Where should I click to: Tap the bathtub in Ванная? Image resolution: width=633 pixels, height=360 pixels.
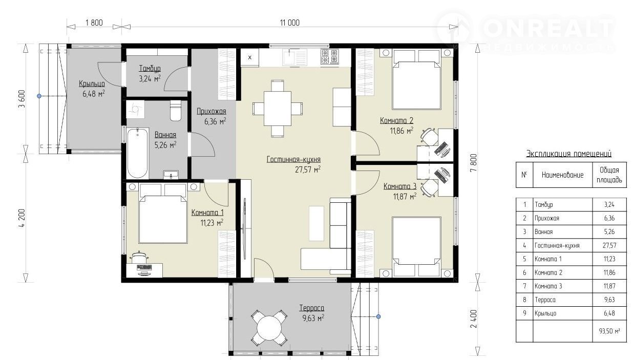[138, 153]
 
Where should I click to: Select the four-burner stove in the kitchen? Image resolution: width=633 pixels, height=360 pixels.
[329, 56]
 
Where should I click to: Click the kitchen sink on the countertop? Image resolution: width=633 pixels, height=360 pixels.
[295, 57]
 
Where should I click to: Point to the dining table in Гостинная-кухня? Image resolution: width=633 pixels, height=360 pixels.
[278, 109]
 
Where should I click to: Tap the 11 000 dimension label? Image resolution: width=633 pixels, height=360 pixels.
[290, 23]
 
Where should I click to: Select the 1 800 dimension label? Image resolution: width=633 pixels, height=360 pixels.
[94, 23]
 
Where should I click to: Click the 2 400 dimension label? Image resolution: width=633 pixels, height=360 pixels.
[474, 319]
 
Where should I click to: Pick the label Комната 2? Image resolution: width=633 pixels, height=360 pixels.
[396, 121]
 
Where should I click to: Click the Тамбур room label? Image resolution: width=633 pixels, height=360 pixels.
[150, 69]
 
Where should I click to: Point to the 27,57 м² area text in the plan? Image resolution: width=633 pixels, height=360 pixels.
[307, 170]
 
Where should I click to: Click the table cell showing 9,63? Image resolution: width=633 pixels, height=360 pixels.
[609, 300]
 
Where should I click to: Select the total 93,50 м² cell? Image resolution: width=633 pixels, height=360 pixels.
[609, 331]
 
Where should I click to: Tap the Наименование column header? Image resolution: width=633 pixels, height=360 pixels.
[562, 175]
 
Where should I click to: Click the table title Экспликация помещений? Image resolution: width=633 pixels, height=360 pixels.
[568, 154]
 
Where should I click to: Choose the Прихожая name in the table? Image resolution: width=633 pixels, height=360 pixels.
[546, 218]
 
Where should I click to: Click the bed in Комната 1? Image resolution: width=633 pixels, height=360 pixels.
[163, 214]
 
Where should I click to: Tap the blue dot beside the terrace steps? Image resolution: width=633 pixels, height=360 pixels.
[378, 317]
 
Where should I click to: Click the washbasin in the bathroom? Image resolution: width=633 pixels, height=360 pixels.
[171, 175]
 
